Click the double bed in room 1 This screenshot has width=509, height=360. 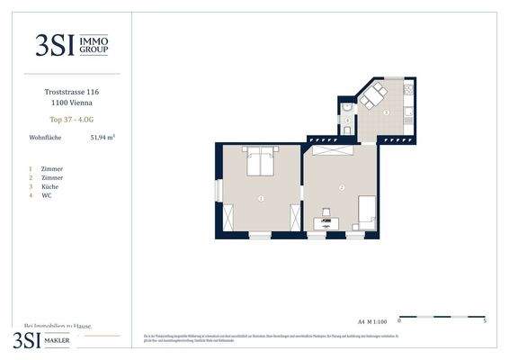click(x=262, y=161)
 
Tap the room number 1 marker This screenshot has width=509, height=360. click(x=261, y=197)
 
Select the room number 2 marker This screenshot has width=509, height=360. click(x=343, y=187)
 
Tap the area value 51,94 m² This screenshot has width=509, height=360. click(x=103, y=138)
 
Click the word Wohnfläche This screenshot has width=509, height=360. click(x=45, y=138)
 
